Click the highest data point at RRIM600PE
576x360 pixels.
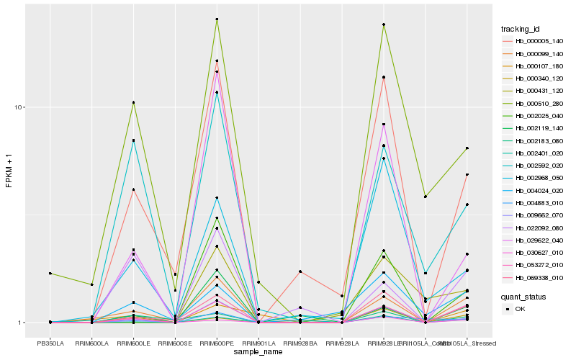point(217,19)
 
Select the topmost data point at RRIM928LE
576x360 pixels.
point(384,24)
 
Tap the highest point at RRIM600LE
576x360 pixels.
point(133,103)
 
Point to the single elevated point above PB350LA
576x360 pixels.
point(50,274)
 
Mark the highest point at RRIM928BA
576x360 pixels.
point(300,271)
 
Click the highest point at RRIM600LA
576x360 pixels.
point(92,284)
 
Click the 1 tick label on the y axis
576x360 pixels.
point(22,323)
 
